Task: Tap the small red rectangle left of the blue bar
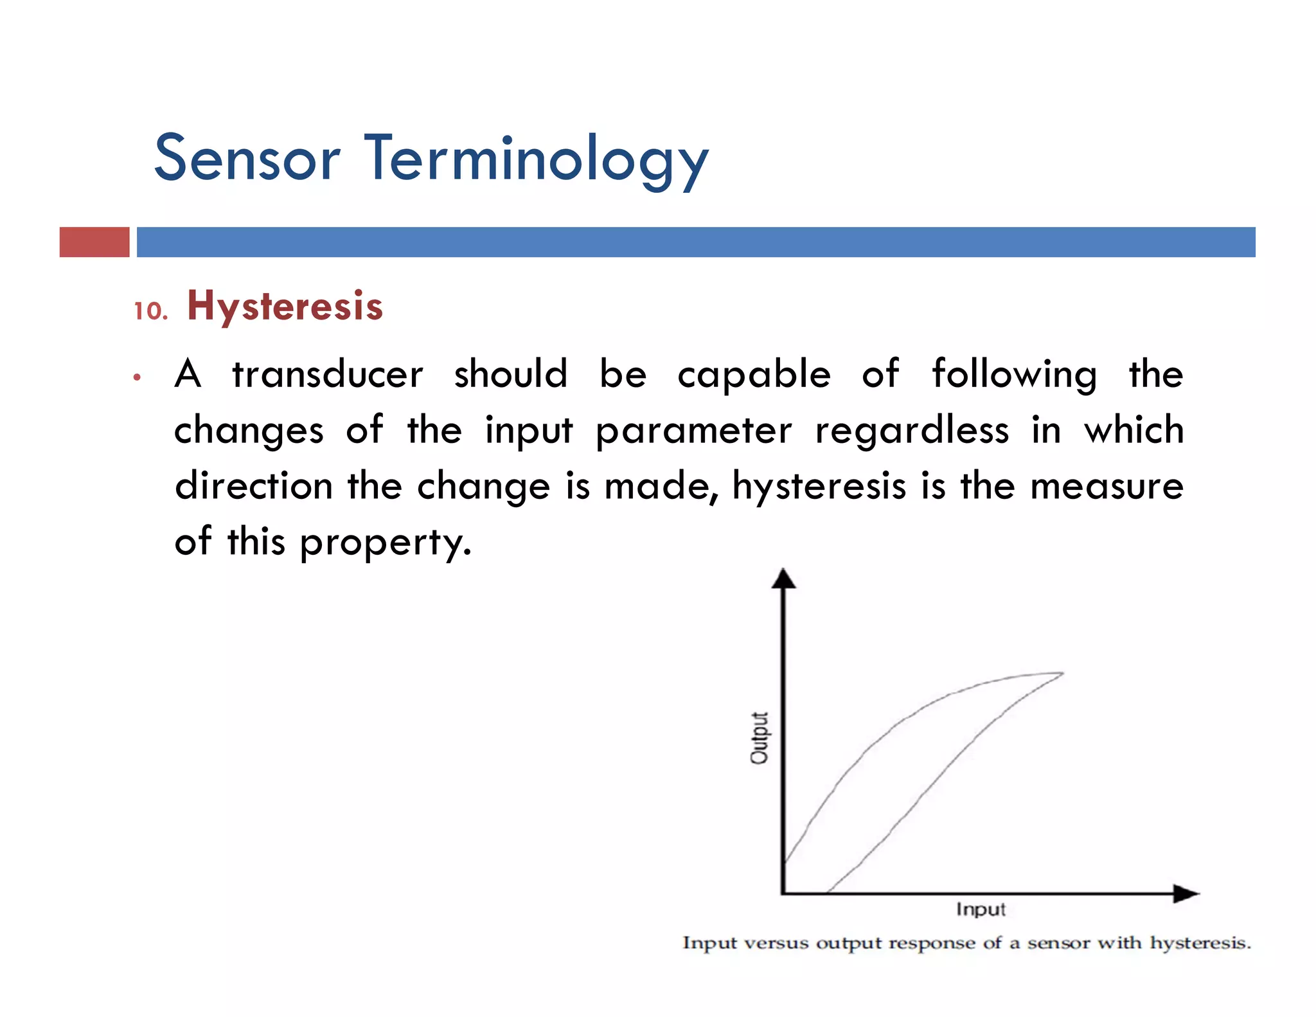(94, 242)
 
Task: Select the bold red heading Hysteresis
(285, 306)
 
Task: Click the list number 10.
(150, 311)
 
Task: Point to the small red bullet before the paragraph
(137, 377)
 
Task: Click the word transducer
(328, 375)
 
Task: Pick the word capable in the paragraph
(754, 375)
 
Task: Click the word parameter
(693, 431)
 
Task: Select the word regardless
(912, 431)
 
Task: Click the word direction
(254, 486)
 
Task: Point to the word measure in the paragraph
(1107, 486)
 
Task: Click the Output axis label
(760, 737)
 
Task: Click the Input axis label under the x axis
(980, 909)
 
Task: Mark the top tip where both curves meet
(1062, 673)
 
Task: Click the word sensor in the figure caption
(1058, 943)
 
